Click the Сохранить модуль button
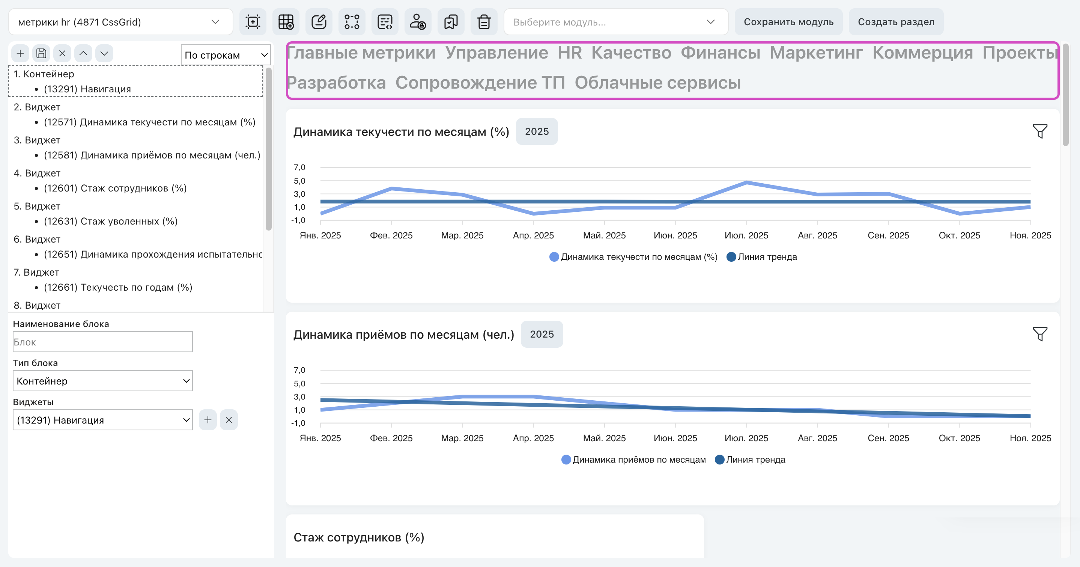click(788, 22)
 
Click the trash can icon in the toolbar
click(484, 22)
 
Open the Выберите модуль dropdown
click(615, 22)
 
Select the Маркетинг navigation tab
click(816, 53)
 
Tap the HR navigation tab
click(569, 53)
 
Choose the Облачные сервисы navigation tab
click(657, 83)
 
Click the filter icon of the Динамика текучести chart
click(1040, 131)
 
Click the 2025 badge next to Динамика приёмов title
click(542, 334)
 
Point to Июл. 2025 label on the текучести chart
click(746, 236)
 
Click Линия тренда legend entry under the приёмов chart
click(750, 460)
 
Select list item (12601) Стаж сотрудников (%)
click(115, 188)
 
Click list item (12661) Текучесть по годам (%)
click(118, 287)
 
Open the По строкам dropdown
click(226, 55)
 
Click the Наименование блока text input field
click(103, 342)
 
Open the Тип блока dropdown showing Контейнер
click(103, 381)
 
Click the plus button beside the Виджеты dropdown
click(208, 420)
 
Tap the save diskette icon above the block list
click(41, 53)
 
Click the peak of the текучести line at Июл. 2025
click(747, 182)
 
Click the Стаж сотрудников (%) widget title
click(359, 537)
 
